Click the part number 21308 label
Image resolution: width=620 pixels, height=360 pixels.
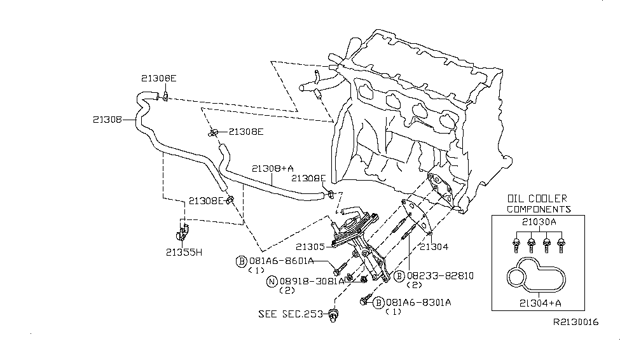click(107, 119)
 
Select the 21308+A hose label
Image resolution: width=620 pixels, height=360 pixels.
click(272, 169)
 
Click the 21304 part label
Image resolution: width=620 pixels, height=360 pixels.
click(434, 246)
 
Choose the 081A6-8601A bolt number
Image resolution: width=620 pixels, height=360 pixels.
click(280, 261)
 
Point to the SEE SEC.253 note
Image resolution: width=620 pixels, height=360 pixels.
click(291, 314)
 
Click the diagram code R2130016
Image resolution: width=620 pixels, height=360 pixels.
click(576, 322)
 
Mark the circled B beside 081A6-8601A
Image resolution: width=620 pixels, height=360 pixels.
click(242, 261)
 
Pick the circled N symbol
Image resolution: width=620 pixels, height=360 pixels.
click(272, 280)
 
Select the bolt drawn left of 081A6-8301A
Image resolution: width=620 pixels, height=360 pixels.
click(364, 301)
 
